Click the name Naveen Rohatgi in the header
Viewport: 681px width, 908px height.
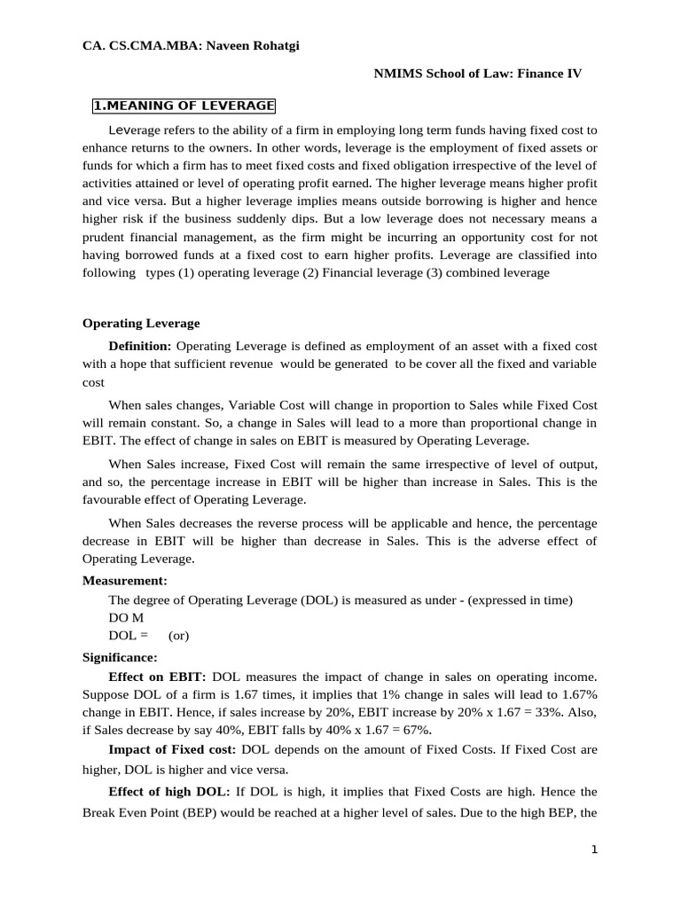253,46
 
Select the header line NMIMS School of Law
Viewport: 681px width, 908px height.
478,74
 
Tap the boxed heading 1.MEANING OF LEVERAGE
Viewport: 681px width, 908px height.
184,106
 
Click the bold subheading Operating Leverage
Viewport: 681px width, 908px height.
141,324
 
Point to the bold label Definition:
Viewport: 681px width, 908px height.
140,345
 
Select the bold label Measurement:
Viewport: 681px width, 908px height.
124,581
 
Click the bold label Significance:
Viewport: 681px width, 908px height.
120,657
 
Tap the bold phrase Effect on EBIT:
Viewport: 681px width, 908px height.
157,677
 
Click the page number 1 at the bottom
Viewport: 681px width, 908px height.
595,850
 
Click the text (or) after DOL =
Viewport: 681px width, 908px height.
178,636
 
